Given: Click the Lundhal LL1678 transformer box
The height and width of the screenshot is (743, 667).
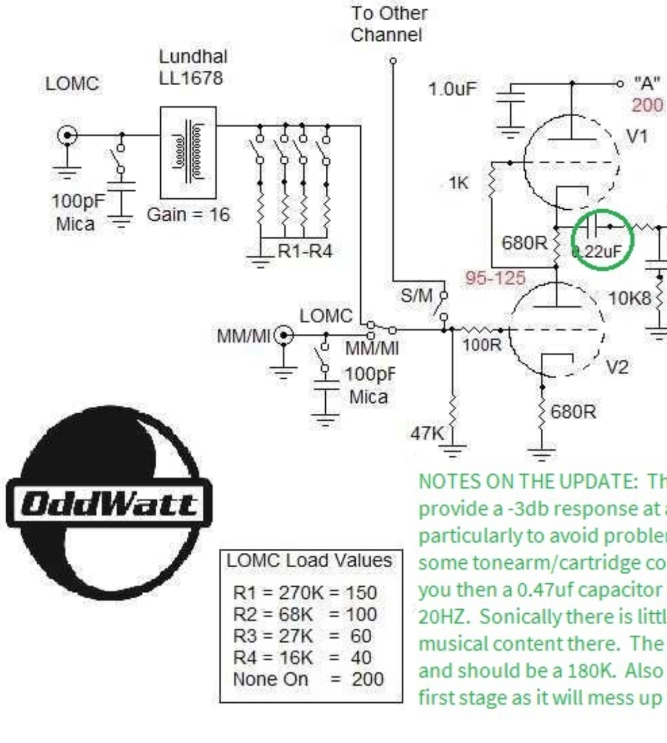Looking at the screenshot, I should point(188,152).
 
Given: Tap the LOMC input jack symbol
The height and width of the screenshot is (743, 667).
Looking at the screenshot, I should point(67,136).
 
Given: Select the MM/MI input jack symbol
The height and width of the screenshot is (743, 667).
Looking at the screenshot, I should point(283,336).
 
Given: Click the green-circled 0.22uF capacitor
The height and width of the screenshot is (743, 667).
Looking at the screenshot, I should point(601,239).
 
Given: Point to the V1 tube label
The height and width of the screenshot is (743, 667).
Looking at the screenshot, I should point(637,136).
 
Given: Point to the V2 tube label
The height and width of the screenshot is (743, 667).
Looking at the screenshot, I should point(617,367).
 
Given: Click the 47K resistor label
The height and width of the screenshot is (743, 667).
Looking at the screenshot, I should point(427,433).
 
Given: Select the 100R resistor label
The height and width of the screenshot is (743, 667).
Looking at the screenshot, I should point(481,345).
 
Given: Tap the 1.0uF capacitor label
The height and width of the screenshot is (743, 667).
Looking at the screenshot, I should point(452,89).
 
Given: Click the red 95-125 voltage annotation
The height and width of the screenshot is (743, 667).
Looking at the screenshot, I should point(495,278).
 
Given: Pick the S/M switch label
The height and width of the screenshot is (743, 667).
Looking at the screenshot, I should point(416,296).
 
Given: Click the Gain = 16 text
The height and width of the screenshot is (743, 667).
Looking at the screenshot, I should point(188,214).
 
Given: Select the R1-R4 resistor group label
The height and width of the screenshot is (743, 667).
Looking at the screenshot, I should point(305,251).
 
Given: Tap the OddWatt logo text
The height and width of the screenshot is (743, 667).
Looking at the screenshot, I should point(109,504).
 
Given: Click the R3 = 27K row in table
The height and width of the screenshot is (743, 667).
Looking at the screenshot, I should point(302,636).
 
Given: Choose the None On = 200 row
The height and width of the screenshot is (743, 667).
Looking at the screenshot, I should point(308,679).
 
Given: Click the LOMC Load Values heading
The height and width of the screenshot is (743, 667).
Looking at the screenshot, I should point(309,560).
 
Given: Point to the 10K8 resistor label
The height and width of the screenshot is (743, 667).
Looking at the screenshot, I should point(629,298).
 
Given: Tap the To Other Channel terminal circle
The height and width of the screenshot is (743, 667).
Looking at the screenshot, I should point(393,61).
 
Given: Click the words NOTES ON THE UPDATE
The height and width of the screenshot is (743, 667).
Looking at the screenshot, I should point(527,482).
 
